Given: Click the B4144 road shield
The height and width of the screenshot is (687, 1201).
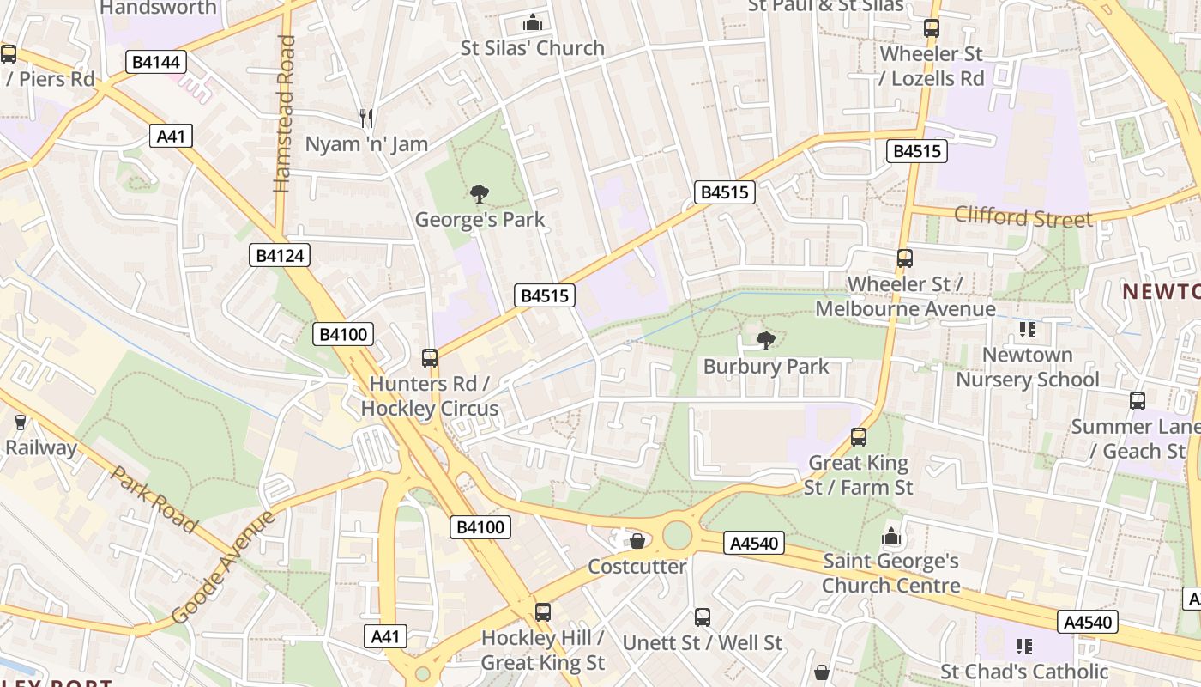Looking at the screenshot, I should point(155,62).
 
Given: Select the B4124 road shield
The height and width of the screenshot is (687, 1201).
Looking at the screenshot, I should point(280,255).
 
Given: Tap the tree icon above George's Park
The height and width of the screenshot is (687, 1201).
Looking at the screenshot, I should point(480,194).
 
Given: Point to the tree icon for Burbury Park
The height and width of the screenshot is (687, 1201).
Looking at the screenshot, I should point(765,341).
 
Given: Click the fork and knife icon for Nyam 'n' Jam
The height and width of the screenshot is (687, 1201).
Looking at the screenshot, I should point(366,118).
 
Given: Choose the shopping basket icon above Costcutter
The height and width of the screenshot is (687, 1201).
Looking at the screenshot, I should point(637,541).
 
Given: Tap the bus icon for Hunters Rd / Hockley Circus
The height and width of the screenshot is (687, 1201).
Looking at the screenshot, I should point(430,358).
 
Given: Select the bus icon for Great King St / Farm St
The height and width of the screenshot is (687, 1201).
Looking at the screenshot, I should point(858,437).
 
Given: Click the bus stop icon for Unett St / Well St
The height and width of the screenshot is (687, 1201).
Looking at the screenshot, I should point(703,617).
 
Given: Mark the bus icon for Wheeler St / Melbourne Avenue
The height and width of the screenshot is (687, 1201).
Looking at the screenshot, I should point(904,258).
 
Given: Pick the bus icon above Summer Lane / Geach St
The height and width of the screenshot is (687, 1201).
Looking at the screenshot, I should point(1138,400).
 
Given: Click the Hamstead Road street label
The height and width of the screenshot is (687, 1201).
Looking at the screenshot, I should point(285,113).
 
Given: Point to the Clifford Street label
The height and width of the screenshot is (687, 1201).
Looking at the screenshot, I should point(1023,216).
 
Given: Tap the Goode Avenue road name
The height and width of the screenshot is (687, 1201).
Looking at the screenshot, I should point(224,567).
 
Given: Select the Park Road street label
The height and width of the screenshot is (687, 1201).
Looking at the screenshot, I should point(155,499).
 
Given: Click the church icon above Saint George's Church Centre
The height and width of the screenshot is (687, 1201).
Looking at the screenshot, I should point(891,537).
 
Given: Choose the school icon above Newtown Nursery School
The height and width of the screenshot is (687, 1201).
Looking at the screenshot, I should point(1027,330).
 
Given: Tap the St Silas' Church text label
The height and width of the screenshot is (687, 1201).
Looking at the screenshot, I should point(533,48).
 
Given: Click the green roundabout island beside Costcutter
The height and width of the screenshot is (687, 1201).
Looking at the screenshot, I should point(677,535).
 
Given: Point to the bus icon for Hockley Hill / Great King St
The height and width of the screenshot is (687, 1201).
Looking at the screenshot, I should point(542,612).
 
